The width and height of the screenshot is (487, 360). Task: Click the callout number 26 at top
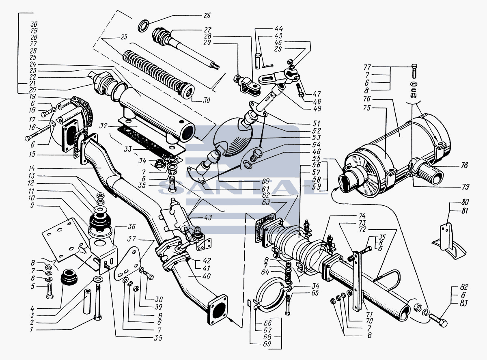[x=207, y=15]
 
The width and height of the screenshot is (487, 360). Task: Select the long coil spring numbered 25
[x=158, y=73]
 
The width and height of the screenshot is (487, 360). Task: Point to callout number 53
[x=317, y=138]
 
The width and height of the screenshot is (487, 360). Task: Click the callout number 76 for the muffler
[x=367, y=99]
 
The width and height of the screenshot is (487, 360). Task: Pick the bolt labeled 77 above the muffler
[x=414, y=71]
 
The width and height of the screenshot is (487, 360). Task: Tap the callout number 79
[x=465, y=187]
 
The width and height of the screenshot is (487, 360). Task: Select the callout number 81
[x=464, y=211]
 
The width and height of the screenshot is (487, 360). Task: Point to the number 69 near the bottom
[x=267, y=344]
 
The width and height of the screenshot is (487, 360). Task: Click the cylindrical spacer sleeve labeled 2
[x=87, y=302]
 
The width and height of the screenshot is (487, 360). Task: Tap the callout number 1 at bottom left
[x=31, y=330]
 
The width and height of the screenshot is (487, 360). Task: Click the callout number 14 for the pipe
[x=31, y=168]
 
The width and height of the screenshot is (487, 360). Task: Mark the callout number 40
[x=207, y=276]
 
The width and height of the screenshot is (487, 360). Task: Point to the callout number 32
[x=103, y=126]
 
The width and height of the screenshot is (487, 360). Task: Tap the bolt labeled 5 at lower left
[x=50, y=290]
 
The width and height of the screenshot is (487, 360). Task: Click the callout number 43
[x=208, y=218]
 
